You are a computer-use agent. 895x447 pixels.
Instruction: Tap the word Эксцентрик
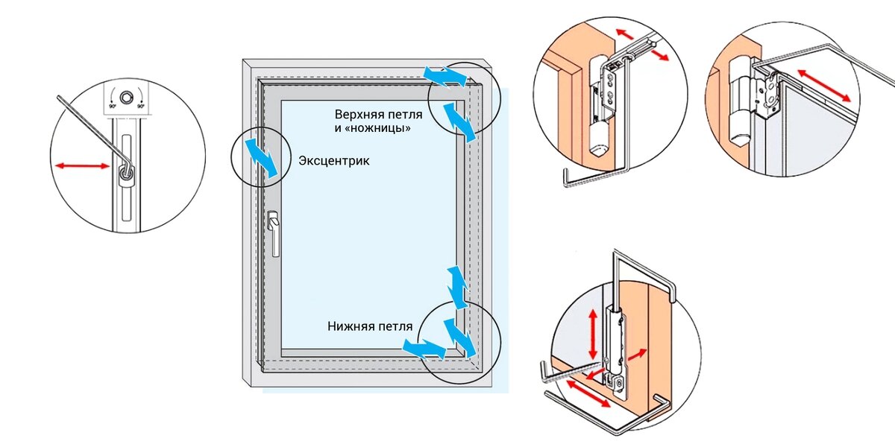coord(333,160)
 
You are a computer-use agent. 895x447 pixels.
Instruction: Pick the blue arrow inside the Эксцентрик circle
coord(263,156)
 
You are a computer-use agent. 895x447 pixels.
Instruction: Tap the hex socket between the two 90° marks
coord(128,97)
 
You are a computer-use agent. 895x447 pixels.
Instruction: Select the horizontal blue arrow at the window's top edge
coord(445,74)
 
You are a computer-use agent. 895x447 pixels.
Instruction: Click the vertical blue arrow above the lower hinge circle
coord(456,283)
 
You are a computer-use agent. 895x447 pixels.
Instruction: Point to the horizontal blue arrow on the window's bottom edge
coord(422,346)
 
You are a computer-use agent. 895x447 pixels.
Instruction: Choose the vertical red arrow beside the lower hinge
coord(593,333)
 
